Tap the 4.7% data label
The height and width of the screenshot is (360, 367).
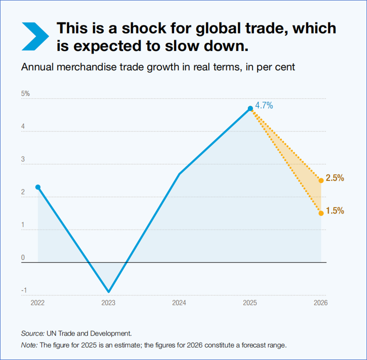pos(264,105)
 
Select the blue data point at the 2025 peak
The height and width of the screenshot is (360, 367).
pos(250,108)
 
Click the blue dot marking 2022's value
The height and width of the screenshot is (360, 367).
pos(38,187)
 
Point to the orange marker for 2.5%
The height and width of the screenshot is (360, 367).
pos(321,180)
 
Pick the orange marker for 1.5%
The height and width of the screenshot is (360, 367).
pos(321,213)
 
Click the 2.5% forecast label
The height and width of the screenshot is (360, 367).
pos(335,178)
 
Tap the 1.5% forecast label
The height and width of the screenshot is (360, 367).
pos(335,211)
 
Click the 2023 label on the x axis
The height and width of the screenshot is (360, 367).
pos(108,303)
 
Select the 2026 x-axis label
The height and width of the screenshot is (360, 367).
pos(321,303)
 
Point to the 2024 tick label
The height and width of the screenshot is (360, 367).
pos(179,303)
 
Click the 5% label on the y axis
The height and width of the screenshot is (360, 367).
pos(25,94)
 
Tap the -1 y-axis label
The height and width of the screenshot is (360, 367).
pos(25,291)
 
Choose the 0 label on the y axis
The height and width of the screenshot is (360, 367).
pos(23,258)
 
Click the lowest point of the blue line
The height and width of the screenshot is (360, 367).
pos(108,292)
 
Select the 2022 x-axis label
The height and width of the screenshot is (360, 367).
pos(38,303)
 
